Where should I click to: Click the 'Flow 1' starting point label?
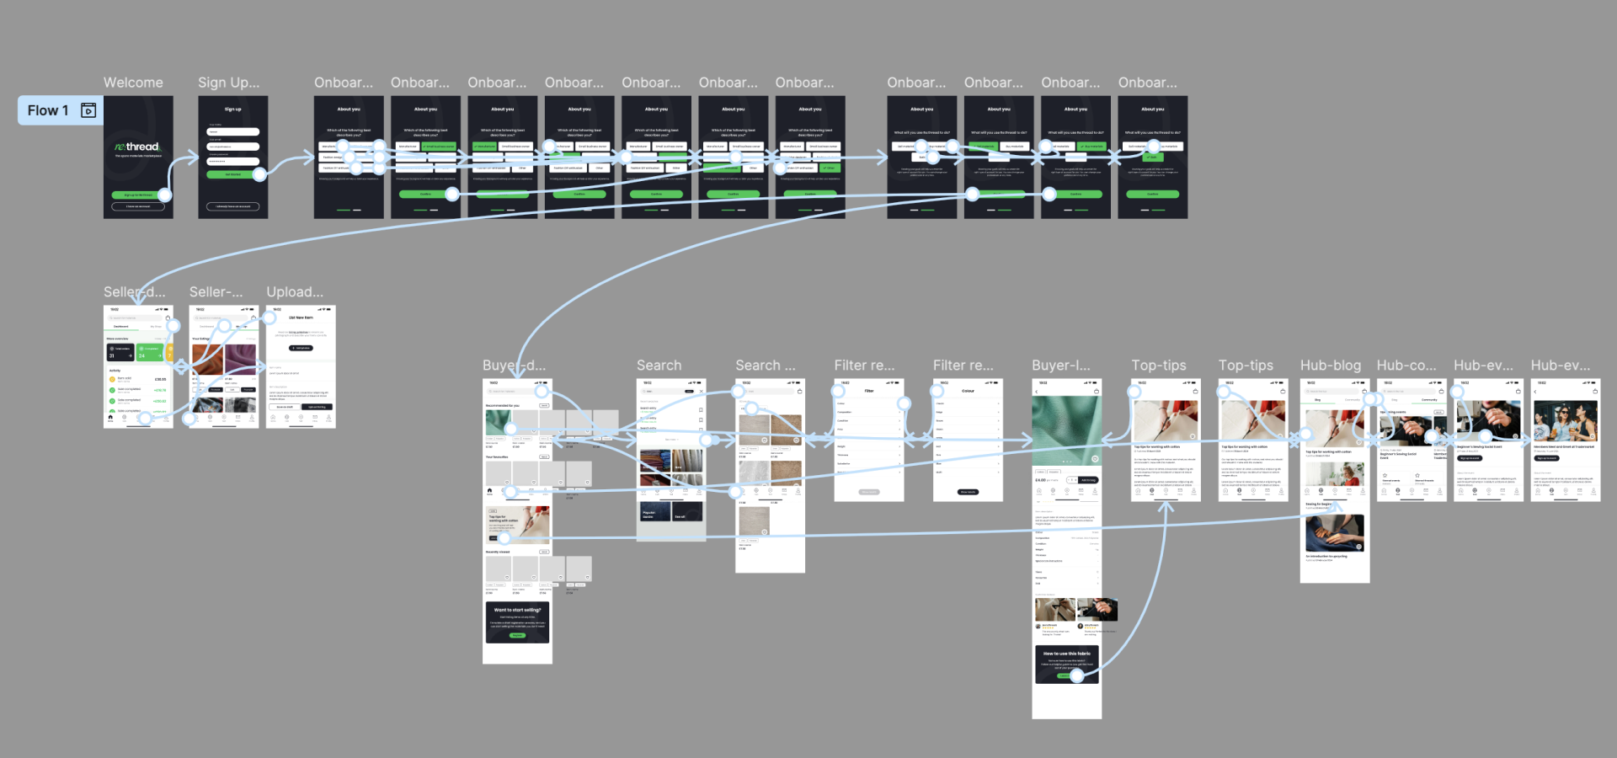click(x=48, y=110)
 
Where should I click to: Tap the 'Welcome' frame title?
click(x=133, y=83)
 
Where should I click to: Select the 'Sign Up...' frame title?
click(x=228, y=83)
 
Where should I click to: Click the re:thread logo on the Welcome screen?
click(x=137, y=147)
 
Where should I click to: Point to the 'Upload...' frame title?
click(x=295, y=292)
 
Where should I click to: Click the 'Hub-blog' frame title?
click(x=1330, y=366)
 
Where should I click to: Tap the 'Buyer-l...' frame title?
click(x=1060, y=366)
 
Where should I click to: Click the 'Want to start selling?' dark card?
click(x=517, y=622)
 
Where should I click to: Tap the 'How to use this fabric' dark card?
click(x=1066, y=664)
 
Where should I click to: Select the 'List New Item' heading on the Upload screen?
click(x=301, y=318)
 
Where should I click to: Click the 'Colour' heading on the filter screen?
click(x=968, y=391)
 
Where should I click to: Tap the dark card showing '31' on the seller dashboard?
click(x=120, y=351)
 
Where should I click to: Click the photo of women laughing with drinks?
click(x=1565, y=421)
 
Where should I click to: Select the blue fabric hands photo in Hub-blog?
click(x=1334, y=533)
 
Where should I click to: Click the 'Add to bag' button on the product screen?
click(x=1088, y=480)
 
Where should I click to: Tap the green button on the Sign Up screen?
click(x=233, y=174)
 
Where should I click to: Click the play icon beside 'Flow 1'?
click(x=88, y=110)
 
